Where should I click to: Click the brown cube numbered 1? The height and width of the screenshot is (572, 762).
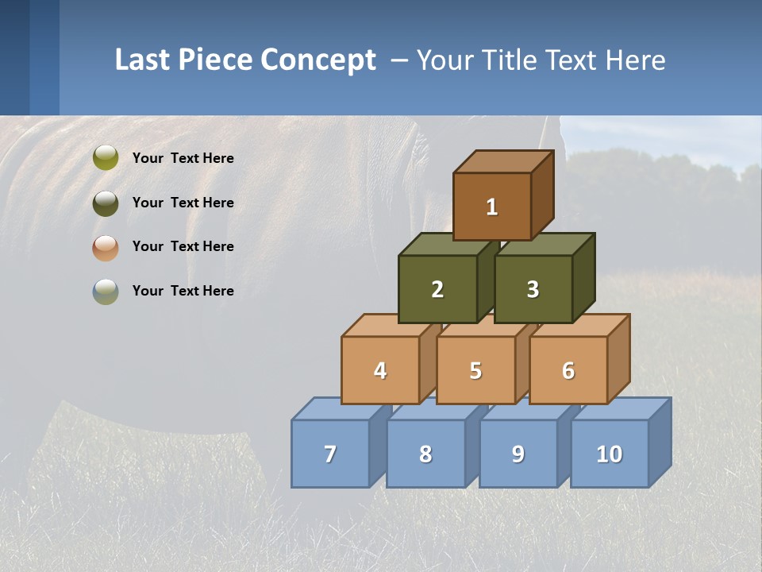point(492,207)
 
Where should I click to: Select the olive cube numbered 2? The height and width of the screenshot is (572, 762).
point(437,289)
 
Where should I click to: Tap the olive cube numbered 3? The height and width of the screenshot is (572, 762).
point(533,289)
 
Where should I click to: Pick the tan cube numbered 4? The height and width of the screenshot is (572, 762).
point(380,370)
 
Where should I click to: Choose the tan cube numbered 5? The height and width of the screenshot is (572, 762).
point(475,370)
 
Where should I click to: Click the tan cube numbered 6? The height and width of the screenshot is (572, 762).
point(568,370)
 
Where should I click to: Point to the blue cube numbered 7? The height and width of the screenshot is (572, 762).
point(330,454)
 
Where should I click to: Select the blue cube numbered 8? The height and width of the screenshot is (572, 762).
point(425,454)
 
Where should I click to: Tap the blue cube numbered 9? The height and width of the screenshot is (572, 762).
point(518,454)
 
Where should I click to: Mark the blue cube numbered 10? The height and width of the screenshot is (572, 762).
point(609,454)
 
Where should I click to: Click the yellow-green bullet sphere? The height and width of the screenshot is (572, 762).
point(105,158)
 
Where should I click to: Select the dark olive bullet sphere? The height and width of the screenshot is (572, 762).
point(105,203)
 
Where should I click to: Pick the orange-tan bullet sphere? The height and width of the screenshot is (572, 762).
point(105,247)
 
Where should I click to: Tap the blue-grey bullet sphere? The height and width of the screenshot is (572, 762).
point(105,291)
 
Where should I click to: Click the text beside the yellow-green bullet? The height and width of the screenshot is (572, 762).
point(183,158)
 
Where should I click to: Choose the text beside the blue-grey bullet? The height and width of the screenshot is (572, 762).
point(183,291)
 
